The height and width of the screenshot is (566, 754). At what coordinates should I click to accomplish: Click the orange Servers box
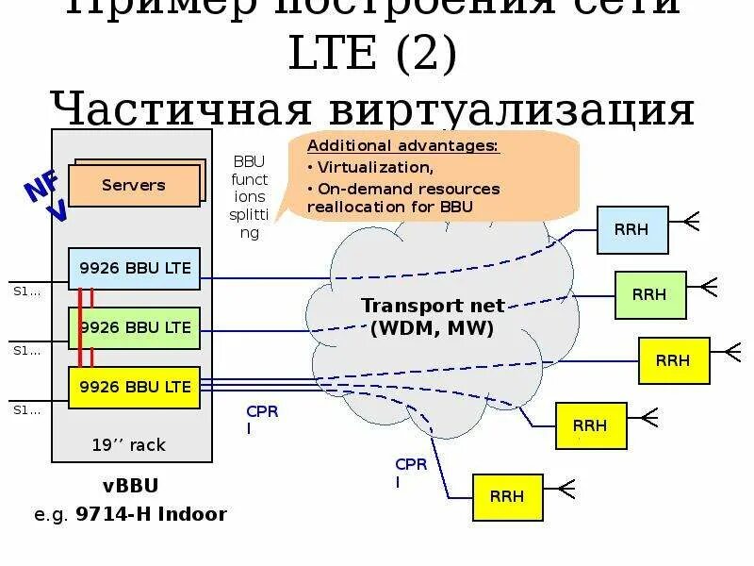pos(134,185)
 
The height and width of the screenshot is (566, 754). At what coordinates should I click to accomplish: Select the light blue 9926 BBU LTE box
pos(135,269)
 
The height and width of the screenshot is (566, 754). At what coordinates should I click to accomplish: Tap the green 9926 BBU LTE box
pos(135,328)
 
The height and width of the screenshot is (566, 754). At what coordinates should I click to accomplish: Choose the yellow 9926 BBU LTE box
pos(135,387)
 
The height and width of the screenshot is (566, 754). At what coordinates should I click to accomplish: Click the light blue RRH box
pos(632,229)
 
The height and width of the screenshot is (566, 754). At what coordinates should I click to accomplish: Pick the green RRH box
pos(649,294)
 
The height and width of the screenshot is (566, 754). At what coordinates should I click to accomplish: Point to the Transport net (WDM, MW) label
pos(433,317)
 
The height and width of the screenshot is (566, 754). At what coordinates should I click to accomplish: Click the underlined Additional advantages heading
pos(403,146)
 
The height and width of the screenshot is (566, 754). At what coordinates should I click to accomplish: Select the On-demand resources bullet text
pos(405,197)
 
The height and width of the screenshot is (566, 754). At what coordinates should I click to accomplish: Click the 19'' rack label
pos(129,444)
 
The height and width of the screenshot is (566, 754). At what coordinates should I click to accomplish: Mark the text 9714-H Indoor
pos(161,514)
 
